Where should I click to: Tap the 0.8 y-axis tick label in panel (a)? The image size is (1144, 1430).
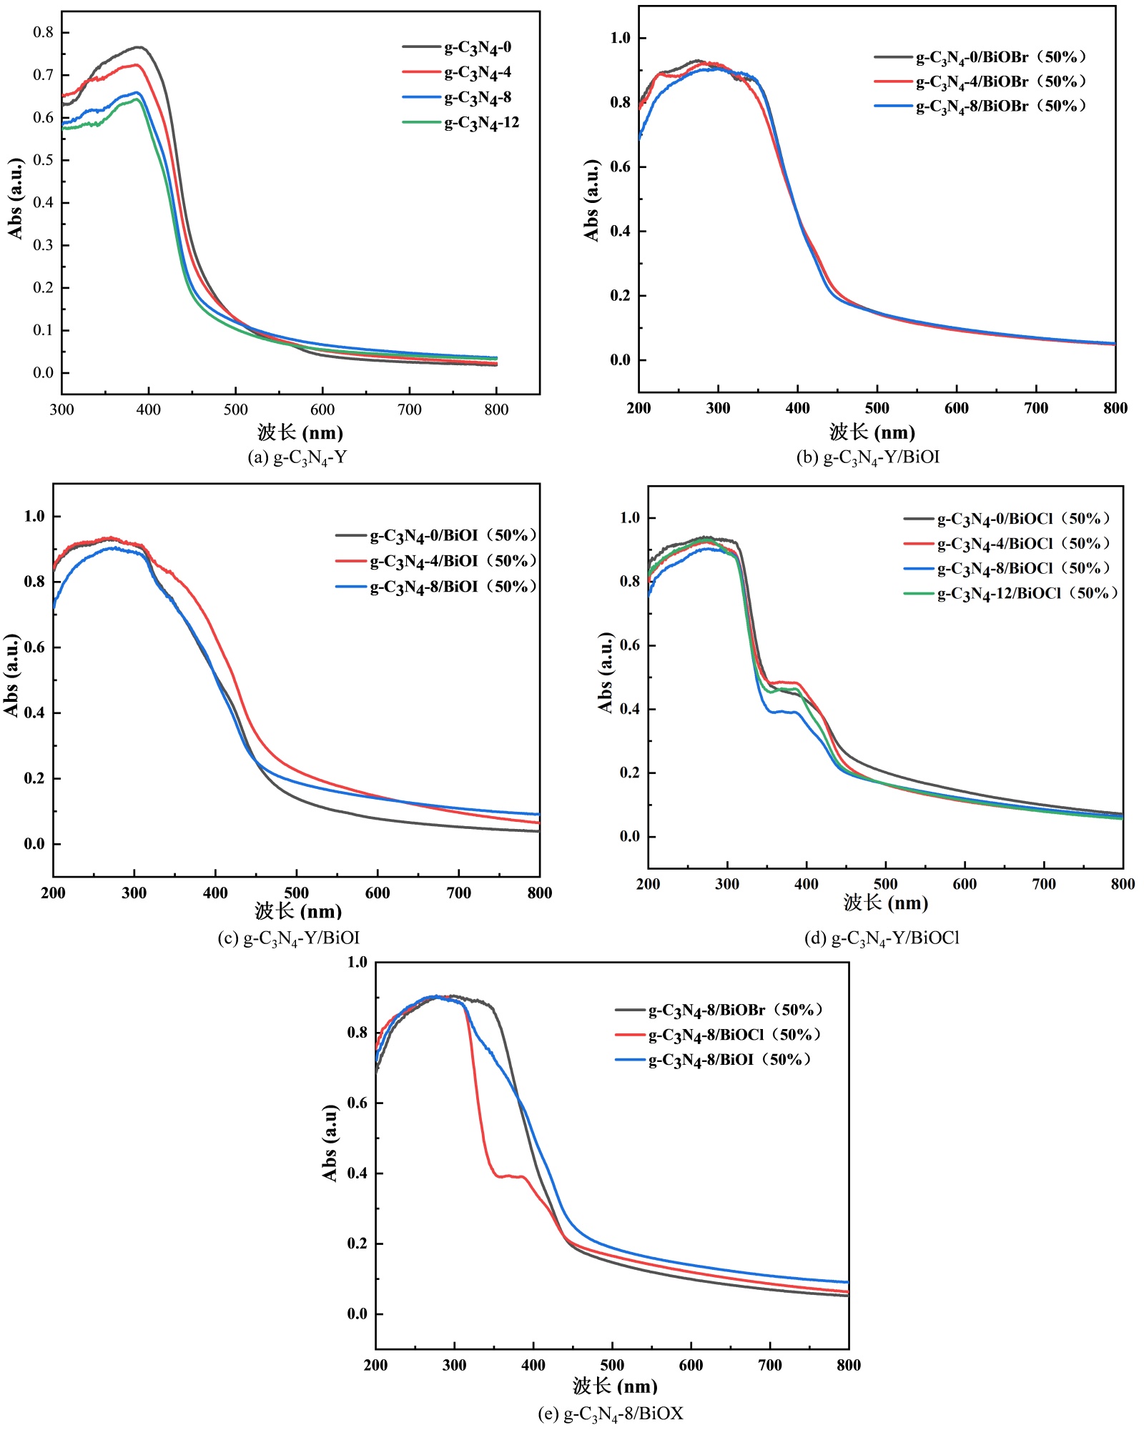tap(44, 32)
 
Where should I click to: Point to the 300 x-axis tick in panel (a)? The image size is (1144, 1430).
tap(62, 409)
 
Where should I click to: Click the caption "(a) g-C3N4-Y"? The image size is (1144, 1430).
tap(297, 457)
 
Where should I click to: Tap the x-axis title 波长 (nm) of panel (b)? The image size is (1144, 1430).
tap(872, 432)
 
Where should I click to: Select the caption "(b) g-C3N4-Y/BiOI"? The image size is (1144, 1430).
tap(868, 457)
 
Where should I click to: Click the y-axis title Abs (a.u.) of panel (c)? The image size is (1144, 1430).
tap(11, 675)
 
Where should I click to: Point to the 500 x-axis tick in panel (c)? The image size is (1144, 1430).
tap(297, 893)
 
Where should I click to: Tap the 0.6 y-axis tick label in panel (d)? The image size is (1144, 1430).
tap(630, 645)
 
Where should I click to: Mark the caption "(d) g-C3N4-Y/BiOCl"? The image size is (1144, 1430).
tap(882, 938)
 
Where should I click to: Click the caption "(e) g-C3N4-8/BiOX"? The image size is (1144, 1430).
tap(611, 1413)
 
